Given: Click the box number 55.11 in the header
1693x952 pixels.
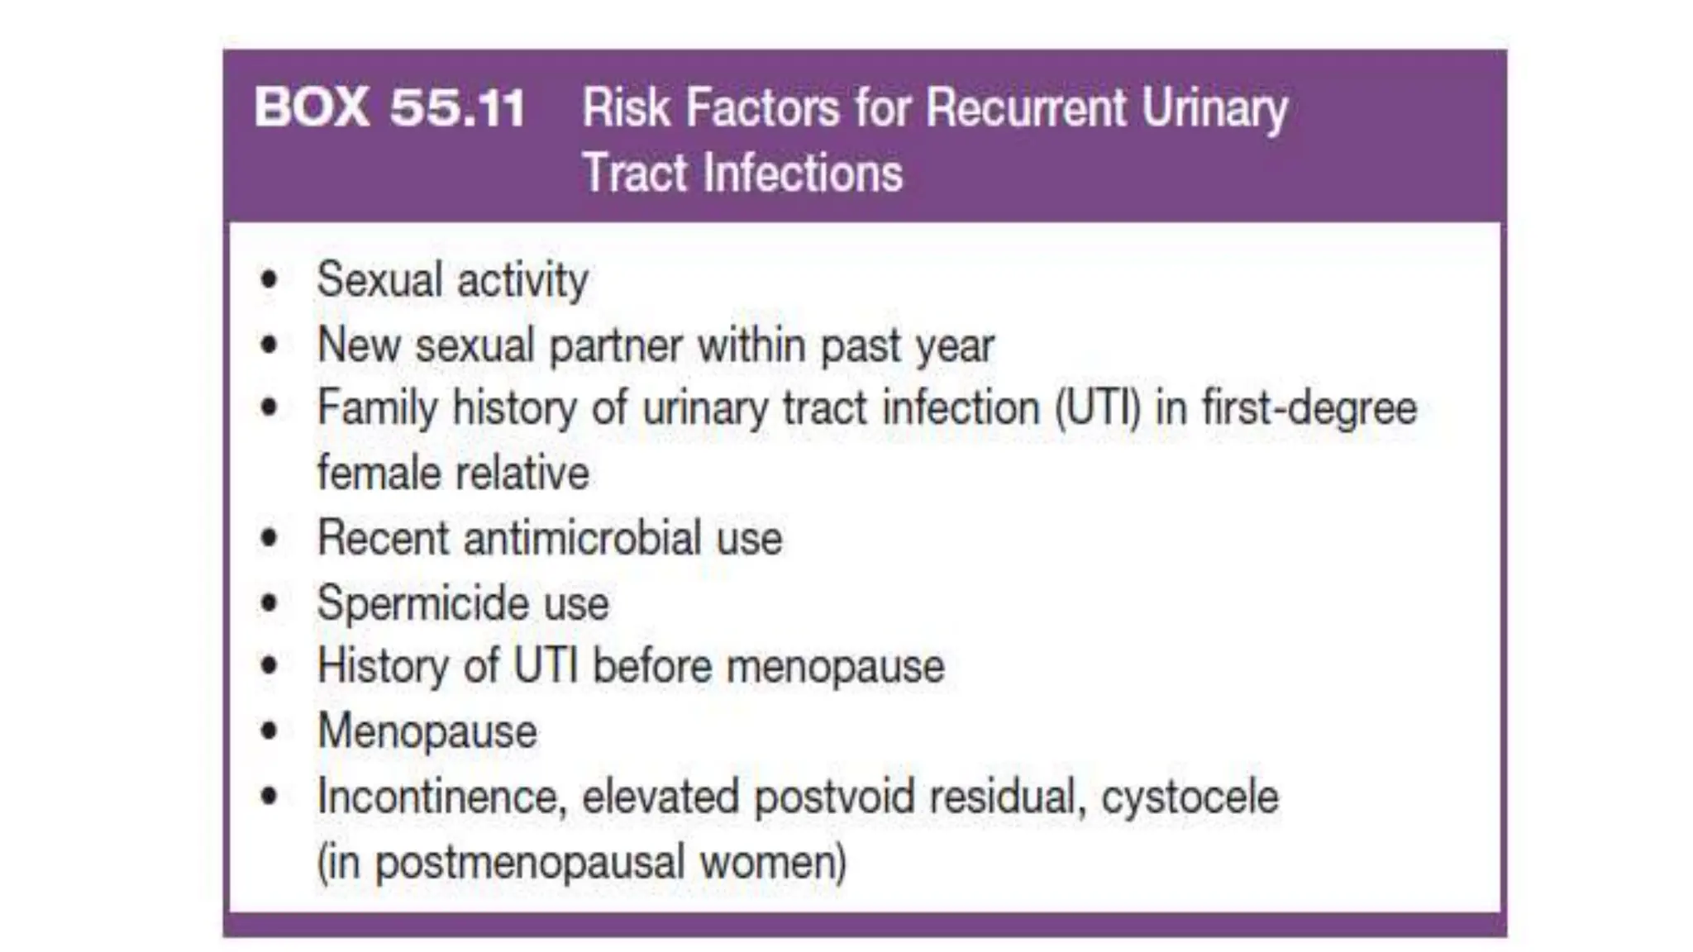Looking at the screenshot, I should (x=457, y=107).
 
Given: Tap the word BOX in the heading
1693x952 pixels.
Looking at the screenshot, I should (x=311, y=107).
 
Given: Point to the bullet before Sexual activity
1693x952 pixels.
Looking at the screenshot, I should (x=269, y=280).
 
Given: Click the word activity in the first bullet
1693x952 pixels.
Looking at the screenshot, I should (x=522, y=280).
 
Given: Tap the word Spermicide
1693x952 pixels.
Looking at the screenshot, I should (x=422, y=602).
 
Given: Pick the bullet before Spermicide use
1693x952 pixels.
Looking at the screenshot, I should (x=269, y=602).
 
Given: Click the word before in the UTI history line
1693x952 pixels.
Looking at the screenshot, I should (x=652, y=666).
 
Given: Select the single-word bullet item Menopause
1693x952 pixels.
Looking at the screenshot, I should (x=427, y=731).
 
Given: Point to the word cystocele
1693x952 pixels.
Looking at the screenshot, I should (x=1190, y=797).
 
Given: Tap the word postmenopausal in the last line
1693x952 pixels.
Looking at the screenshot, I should (x=530, y=862).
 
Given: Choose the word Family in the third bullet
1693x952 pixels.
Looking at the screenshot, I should (x=378, y=408).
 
